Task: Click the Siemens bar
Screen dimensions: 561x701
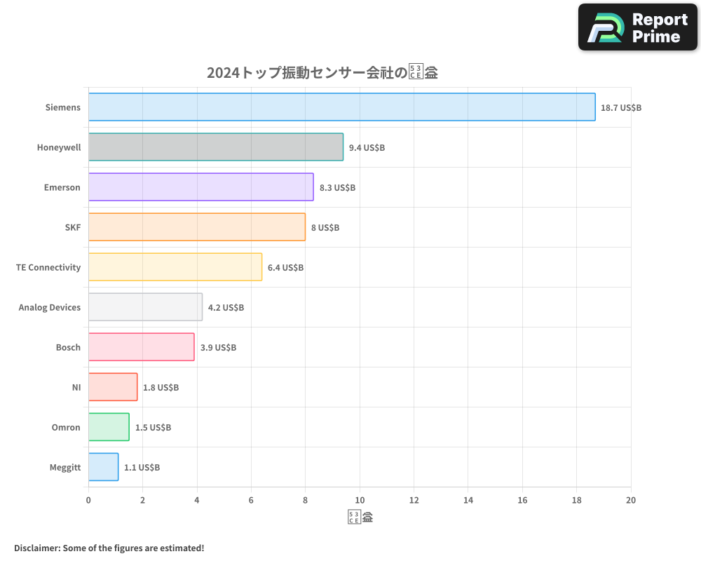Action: click(341, 107)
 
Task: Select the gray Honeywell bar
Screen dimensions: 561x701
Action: click(216, 147)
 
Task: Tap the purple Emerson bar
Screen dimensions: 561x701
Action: click(200, 187)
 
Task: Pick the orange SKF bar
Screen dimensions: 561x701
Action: click(197, 227)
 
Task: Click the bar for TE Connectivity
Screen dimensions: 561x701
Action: click(175, 267)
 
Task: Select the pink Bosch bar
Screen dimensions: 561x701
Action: click(141, 347)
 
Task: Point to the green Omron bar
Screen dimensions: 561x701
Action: click(109, 427)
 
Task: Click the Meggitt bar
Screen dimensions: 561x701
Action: click(103, 467)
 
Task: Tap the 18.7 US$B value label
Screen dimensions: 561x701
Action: click(621, 108)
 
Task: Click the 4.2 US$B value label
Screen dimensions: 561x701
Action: click(226, 308)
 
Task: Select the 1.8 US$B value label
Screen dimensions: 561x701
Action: click(161, 388)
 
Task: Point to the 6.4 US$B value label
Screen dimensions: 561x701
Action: click(285, 268)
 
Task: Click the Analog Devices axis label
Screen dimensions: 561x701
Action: click(50, 307)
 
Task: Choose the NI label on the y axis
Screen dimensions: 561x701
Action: click(76, 387)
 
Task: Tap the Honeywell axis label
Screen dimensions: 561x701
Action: click(59, 147)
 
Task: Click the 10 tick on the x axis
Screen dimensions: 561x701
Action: click(360, 500)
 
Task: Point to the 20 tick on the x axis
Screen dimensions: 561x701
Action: click(631, 500)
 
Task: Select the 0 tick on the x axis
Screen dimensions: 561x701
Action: click(88, 500)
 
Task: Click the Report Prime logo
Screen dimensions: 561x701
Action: click(638, 27)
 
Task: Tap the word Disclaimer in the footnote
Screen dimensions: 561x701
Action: click(36, 548)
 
